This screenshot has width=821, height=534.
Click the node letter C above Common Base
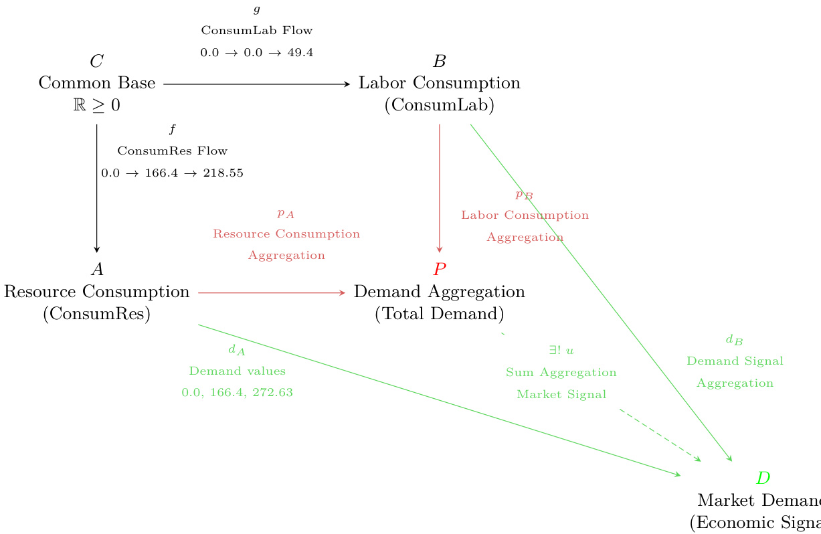click(x=97, y=62)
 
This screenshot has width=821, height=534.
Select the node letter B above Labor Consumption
click(x=440, y=62)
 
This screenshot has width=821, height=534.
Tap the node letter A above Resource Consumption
click(x=97, y=270)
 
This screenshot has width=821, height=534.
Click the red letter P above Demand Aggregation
click(x=440, y=270)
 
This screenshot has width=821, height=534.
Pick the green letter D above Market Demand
click(x=763, y=478)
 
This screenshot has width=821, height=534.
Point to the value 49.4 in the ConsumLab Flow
click(x=300, y=52)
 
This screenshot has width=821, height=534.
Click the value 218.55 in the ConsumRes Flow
click(x=224, y=173)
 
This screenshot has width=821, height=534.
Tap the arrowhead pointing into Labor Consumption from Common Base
click(x=347, y=84)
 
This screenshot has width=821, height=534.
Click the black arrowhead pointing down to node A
click(x=97, y=248)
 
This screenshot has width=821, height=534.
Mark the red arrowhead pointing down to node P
click(x=440, y=248)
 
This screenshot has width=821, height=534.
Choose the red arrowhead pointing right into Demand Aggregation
click(x=342, y=292)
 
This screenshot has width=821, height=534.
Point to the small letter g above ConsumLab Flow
click(x=257, y=9)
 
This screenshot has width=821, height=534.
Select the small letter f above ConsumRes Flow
click(x=172, y=129)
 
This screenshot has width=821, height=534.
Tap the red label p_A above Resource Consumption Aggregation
click(x=286, y=213)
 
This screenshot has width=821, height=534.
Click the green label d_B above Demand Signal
click(x=734, y=340)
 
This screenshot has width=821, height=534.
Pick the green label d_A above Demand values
click(x=236, y=349)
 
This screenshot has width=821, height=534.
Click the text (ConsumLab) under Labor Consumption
click(x=440, y=106)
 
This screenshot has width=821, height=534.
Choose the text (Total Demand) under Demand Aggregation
click(x=440, y=314)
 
